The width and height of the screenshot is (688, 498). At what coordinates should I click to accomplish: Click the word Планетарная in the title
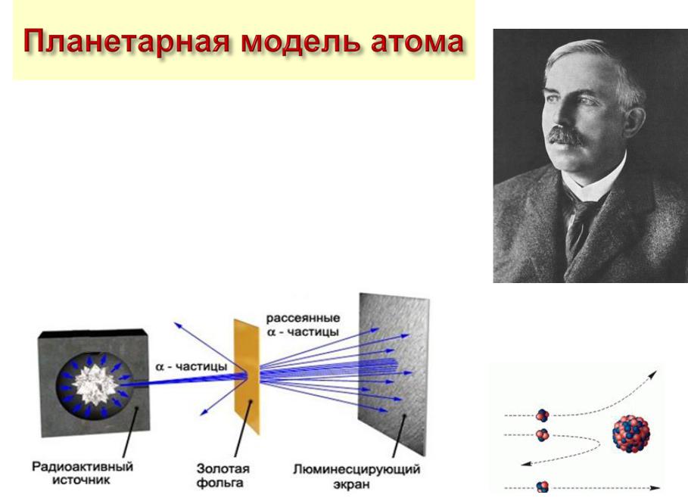pos(126,42)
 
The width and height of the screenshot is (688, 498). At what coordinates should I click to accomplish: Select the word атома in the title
pos(417,42)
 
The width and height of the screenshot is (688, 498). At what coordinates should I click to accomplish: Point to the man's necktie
pos(580,227)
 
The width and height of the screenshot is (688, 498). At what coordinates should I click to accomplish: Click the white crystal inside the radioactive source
pos(95,384)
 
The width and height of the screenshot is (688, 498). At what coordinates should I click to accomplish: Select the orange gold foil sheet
pos(247,376)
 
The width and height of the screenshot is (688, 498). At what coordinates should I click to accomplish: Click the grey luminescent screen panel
pos(393,374)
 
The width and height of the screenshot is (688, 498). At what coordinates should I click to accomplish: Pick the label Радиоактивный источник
pos(82,472)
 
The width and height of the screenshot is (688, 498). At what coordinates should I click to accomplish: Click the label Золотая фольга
pos(223,475)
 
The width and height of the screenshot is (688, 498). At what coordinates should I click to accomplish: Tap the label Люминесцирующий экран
pos(356,477)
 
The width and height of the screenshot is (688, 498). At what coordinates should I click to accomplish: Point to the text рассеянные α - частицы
pos(303,325)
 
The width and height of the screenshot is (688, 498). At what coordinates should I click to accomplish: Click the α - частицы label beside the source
pos(191,366)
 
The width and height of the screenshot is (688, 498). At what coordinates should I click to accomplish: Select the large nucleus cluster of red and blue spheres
pos(631,434)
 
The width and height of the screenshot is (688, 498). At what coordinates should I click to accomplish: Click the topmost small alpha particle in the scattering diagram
pos(543,415)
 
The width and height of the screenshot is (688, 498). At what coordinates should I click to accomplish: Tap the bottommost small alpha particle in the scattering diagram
pos(543,487)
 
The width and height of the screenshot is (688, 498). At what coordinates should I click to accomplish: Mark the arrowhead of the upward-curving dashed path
pos(653,375)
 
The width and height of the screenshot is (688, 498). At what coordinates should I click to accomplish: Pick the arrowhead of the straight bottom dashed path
pos(655,488)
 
